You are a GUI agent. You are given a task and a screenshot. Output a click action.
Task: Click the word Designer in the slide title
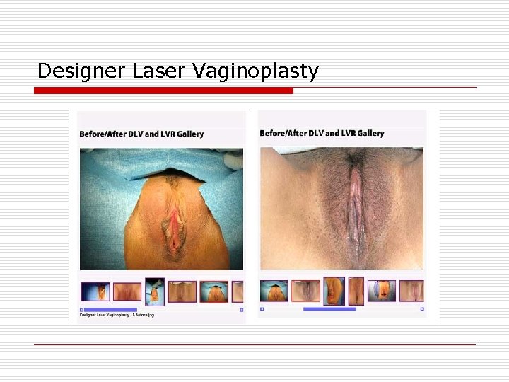pyautogui.click(x=69, y=71)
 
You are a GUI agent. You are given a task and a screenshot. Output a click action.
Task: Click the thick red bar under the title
pyautogui.click(x=164, y=91)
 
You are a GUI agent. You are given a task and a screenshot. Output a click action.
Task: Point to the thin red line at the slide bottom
pyautogui.click(x=255, y=344)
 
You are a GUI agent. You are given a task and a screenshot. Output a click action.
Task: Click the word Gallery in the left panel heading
pyautogui.click(x=188, y=133)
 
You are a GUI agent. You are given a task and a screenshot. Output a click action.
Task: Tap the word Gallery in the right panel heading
pyautogui.click(x=369, y=133)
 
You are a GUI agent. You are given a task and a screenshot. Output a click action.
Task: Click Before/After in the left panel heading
pyautogui.click(x=100, y=133)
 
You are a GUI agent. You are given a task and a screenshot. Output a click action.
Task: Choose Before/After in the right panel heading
pyautogui.click(x=281, y=133)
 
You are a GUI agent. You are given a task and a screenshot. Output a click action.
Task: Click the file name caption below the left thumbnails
pyautogui.click(x=117, y=316)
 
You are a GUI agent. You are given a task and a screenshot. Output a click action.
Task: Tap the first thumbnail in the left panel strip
pyautogui.click(x=95, y=291)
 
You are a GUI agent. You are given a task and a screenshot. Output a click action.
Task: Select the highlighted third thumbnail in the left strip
pyautogui.click(x=154, y=291)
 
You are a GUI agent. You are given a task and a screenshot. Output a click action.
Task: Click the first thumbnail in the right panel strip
pyautogui.click(x=274, y=291)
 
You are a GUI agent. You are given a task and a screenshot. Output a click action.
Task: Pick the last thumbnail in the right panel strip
pyautogui.click(x=411, y=291)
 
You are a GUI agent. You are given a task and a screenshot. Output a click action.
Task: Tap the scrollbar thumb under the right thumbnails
pyautogui.click(x=329, y=309)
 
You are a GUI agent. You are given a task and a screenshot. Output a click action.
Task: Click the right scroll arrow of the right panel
pyautogui.click(x=422, y=309)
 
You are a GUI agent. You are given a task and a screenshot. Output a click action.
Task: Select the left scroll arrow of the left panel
pyautogui.click(x=81, y=309)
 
